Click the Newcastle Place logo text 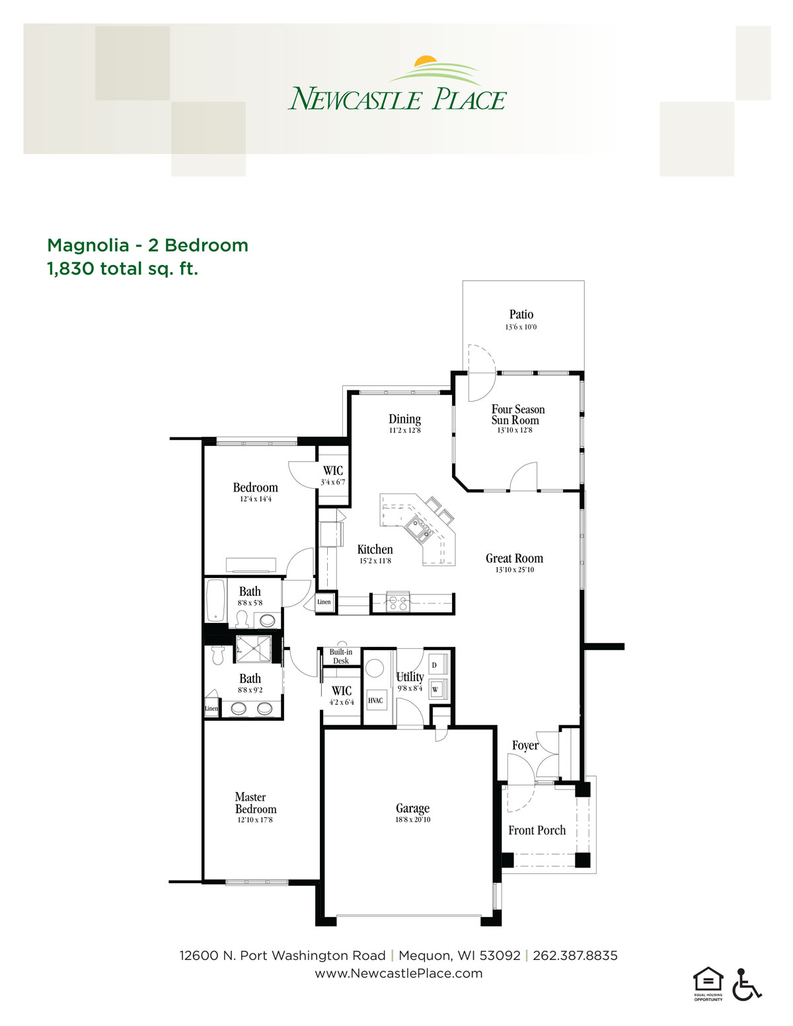pyautogui.click(x=397, y=98)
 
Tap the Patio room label pyautogui.click(x=521, y=314)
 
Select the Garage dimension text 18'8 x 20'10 pyautogui.click(x=413, y=820)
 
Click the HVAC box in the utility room pyautogui.click(x=375, y=700)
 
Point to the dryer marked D pyautogui.click(x=435, y=665)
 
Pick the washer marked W pyautogui.click(x=435, y=689)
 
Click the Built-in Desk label pyautogui.click(x=340, y=656)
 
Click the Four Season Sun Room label pyautogui.click(x=517, y=414)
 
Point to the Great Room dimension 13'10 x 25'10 pyautogui.click(x=514, y=569)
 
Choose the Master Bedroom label pyautogui.click(x=256, y=803)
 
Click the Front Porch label pyautogui.click(x=537, y=830)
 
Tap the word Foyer pyautogui.click(x=525, y=745)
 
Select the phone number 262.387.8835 pyautogui.click(x=575, y=956)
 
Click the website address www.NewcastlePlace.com pyautogui.click(x=398, y=974)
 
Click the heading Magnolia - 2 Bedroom pyautogui.click(x=148, y=246)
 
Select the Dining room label pyautogui.click(x=404, y=419)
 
